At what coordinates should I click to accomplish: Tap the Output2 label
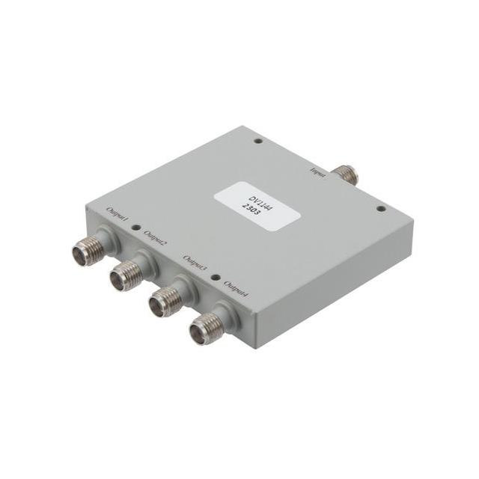pos(154,239)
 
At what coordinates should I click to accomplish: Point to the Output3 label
pos(196,263)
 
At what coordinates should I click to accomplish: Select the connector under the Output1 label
pos(88,251)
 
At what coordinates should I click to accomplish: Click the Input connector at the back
pos(347,174)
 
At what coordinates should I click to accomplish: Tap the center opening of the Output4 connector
pos(198,334)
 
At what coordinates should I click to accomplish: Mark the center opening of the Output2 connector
pos(118,282)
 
